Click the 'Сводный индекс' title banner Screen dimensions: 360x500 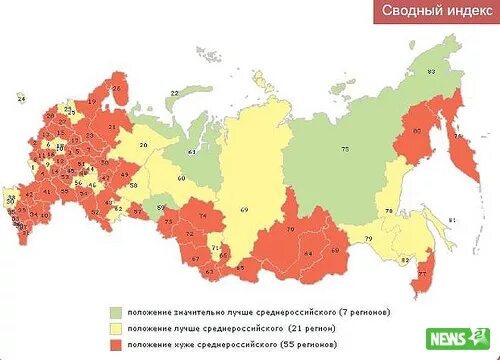point(434,12)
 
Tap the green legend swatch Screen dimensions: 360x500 point(115,313)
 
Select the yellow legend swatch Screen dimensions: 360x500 point(115,328)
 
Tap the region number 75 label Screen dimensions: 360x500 point(346,150)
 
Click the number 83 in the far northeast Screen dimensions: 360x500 point(431,72)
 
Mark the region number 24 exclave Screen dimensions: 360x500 point(20,98)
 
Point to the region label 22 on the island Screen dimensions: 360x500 point(174,92)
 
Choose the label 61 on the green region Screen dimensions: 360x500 point(192,152)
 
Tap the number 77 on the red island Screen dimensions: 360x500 point(421,272)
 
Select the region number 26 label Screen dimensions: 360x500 point(116,88)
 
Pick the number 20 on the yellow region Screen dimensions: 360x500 point(144,146)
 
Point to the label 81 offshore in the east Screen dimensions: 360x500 point(452,219)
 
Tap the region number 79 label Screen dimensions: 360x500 point(368,238)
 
